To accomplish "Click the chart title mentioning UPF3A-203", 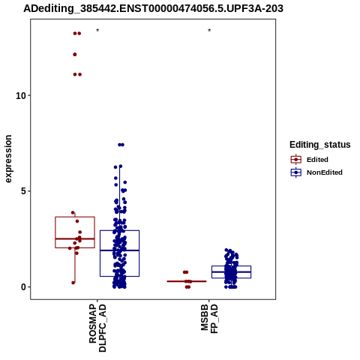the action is tap(153, 8).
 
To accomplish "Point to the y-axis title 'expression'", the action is tap(8, 159).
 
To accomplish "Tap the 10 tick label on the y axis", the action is tap(21, 95).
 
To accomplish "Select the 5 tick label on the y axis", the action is tap(23, 191).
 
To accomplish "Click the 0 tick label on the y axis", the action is tap(23, 287).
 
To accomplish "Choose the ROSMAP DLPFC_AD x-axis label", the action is tap(97, 328).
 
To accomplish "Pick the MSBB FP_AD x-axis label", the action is tap(209, 319).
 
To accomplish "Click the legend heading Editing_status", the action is tap(320, 145).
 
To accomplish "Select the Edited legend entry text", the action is tap(317, 160).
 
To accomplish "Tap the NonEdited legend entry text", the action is tap(325, 172).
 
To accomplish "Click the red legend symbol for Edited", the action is tap(296, 160).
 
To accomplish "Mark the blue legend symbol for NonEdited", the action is tap(296, 172).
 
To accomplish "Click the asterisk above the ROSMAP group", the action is tap(97, 31).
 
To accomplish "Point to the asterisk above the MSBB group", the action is tap(209, 31).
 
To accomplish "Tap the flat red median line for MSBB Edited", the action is tap(187, 281).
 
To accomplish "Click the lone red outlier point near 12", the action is tap(75, 55).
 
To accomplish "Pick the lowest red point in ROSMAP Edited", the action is tap(73, 283).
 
